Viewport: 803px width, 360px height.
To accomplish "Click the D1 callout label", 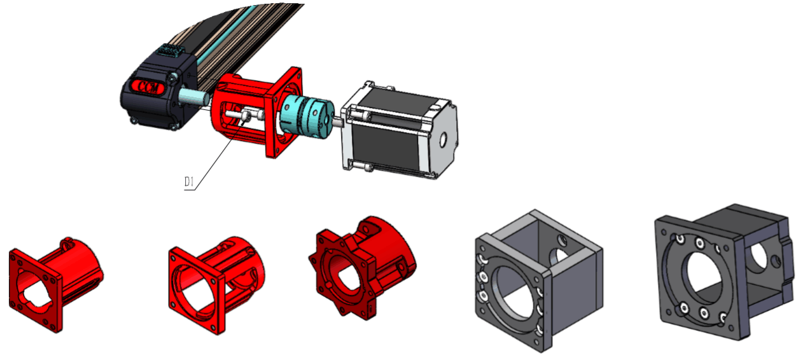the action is [189, 182].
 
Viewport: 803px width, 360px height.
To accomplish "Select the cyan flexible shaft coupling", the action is [307, 114].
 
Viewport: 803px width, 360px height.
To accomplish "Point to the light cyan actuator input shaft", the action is [193, 97].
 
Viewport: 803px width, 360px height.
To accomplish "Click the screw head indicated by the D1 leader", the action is [247, 115].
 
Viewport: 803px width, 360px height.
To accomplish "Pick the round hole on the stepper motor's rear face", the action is [443, 140].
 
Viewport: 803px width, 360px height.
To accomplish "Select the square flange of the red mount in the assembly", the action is [284, 112].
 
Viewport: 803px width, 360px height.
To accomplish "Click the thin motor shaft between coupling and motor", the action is [338, 122].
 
